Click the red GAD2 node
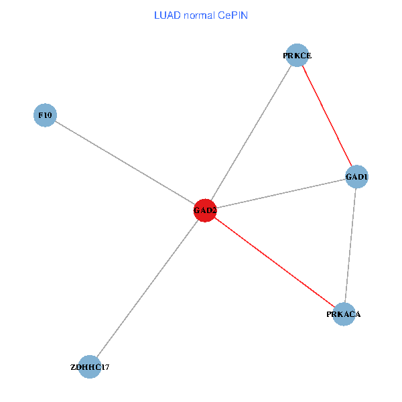point(205,210)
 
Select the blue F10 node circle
point(45,115)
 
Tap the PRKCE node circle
point(297,56)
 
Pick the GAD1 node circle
point(357,177)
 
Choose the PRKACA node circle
point(344,314)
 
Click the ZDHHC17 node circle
point(90,366)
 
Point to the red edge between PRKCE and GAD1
point(327,117)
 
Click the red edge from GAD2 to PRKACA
point(275,263)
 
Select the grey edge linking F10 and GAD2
point(125,163)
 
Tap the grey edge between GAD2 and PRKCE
point(251,133)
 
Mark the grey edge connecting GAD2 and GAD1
point(281,194)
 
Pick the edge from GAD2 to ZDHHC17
point(147,288)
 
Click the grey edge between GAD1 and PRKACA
point(350,245)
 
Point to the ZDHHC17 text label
point(90,367)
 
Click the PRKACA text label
point(344,314)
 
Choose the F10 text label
point(45,115)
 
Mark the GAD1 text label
point(357,177)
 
